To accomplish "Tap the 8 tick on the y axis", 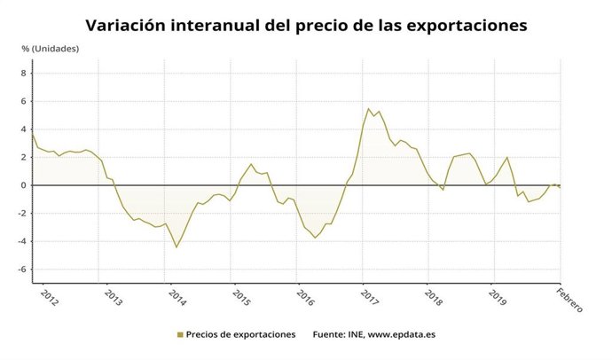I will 24,74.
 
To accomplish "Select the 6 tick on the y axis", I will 24,101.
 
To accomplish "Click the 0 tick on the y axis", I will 24,185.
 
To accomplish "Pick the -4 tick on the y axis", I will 22,241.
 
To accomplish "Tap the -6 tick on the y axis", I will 22,270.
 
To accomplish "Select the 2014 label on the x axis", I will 176,296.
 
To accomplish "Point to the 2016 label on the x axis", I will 304,296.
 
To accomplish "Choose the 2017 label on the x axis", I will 368,296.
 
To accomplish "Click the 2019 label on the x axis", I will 497,296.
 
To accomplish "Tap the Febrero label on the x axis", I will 569,301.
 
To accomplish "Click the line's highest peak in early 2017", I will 368,109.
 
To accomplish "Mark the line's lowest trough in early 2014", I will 177,247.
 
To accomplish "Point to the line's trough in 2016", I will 315,238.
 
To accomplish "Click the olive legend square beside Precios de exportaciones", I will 179,335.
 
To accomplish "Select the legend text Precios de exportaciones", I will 242,335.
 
